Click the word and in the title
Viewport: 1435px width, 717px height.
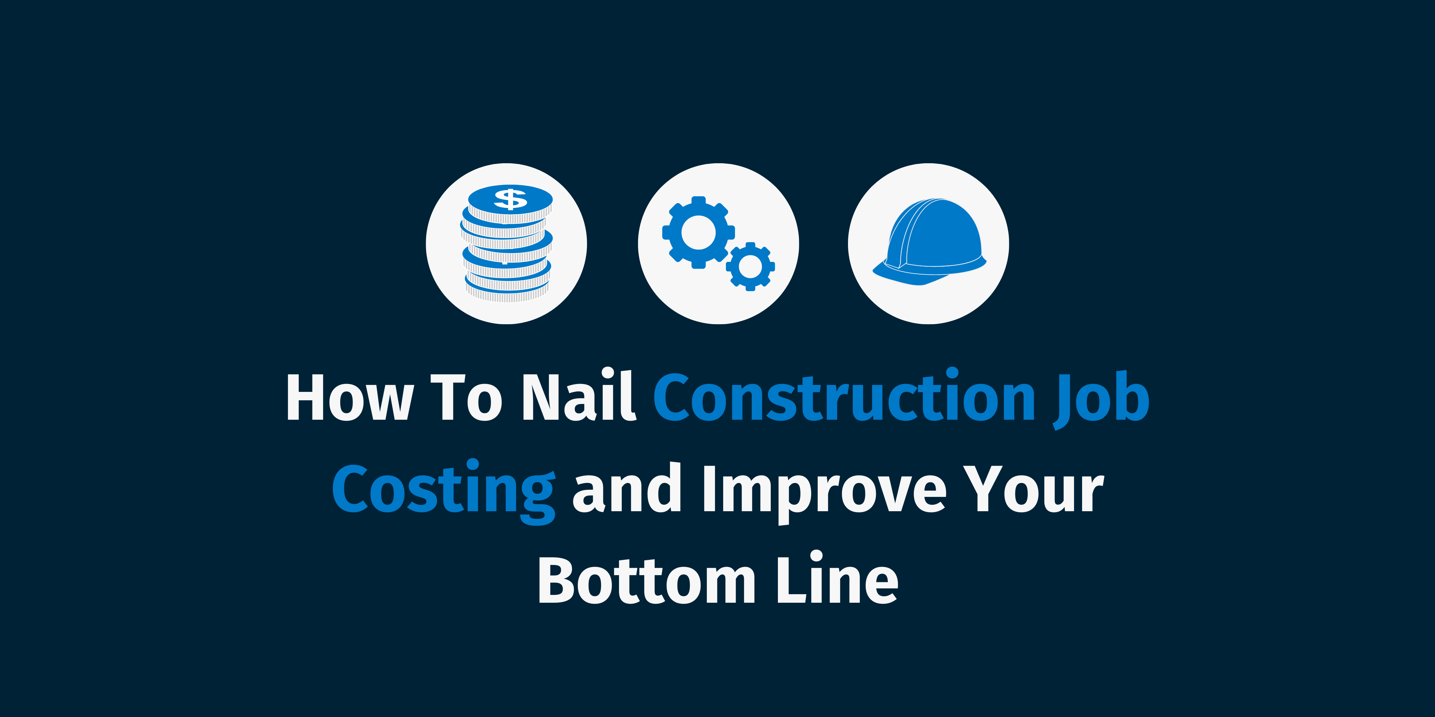click(627, 489)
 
